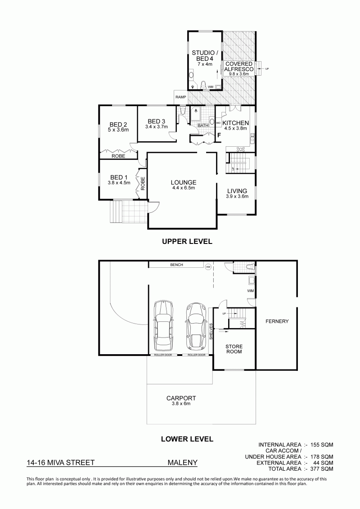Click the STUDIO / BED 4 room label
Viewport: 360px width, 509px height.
tap(203, 55)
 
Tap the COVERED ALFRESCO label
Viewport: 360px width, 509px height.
tap(239, 67)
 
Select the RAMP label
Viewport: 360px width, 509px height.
tap(180, 97)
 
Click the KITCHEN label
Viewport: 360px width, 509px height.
tap(236, 123)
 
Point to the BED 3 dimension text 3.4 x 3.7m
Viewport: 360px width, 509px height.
tap(157, 127)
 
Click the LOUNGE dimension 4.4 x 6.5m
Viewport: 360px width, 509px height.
tap(184, 188)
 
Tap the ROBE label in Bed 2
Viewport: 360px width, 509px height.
tap(118, 156)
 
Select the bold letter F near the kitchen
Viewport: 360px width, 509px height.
tap(219, 135)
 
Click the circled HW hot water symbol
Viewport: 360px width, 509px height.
tap(208, 267)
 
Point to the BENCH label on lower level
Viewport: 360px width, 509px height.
tap(176, 265)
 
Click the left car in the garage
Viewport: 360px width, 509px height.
tap(163, 326)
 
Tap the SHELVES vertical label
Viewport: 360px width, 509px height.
tap(211, 331)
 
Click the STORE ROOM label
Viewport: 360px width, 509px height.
tap(234, 349)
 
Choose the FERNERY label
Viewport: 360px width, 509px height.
tap(277, 321)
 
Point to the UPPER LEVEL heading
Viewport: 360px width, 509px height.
tap(187, 242)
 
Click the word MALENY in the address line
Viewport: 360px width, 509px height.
tap(182, 463)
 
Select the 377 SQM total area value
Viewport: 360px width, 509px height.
tap(322, 469)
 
